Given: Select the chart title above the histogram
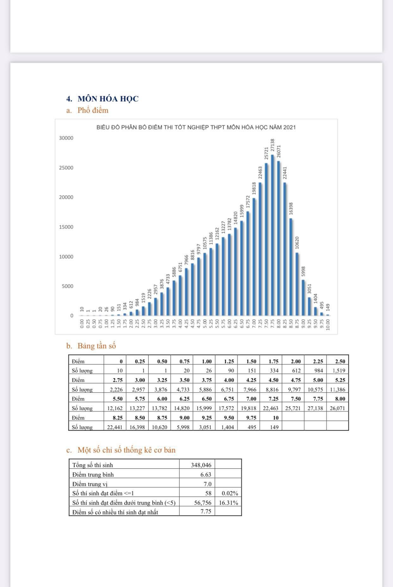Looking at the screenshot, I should point(196,128).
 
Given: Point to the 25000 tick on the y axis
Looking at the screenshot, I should point(66,168).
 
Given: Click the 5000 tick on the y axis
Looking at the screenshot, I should point(67,286).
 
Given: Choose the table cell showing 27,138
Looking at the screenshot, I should point(315,408).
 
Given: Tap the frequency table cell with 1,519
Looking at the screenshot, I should point(337,370).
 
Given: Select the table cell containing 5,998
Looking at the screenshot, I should point(183,427).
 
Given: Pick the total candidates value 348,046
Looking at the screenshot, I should point(201,465).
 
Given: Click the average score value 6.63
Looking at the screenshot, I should point(206,475).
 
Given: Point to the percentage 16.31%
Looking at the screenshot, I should point(228,502).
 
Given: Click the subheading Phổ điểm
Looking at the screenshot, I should point(93,110).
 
